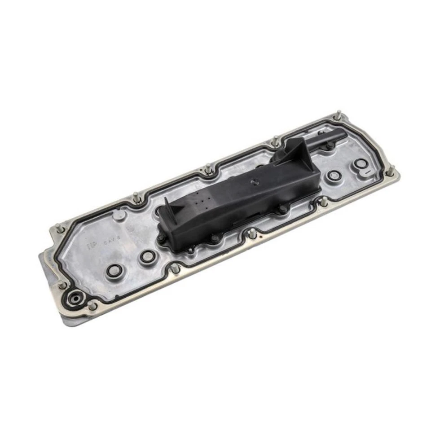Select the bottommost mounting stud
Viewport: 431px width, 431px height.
[92, 306]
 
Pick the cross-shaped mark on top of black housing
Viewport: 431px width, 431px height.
[255, 182]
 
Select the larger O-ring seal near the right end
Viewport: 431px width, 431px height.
[361, 165]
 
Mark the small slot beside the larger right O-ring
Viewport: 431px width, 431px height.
[367, 172]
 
